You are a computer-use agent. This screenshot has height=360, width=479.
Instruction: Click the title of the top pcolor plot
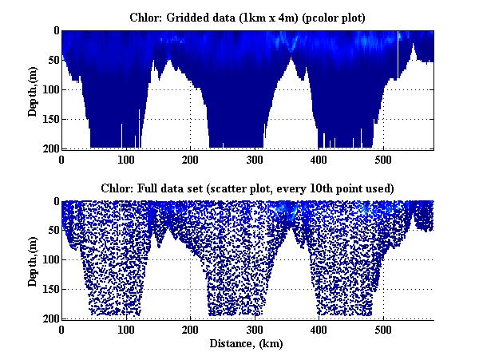tap(247, 17)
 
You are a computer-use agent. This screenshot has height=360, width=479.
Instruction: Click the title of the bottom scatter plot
tap(247, 188)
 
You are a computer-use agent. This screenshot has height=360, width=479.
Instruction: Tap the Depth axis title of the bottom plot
tap(33, 259)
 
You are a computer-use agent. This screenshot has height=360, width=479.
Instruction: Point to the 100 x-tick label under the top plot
tap(126, 159)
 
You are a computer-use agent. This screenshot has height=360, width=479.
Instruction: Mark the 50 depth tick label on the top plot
tap(50, 60)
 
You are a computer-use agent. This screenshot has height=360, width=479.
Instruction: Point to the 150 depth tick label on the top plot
tap(48, 119)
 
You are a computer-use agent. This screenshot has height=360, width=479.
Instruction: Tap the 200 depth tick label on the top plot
tap(48, 148)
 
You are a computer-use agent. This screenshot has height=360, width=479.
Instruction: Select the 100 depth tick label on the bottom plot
tap(48, 260)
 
